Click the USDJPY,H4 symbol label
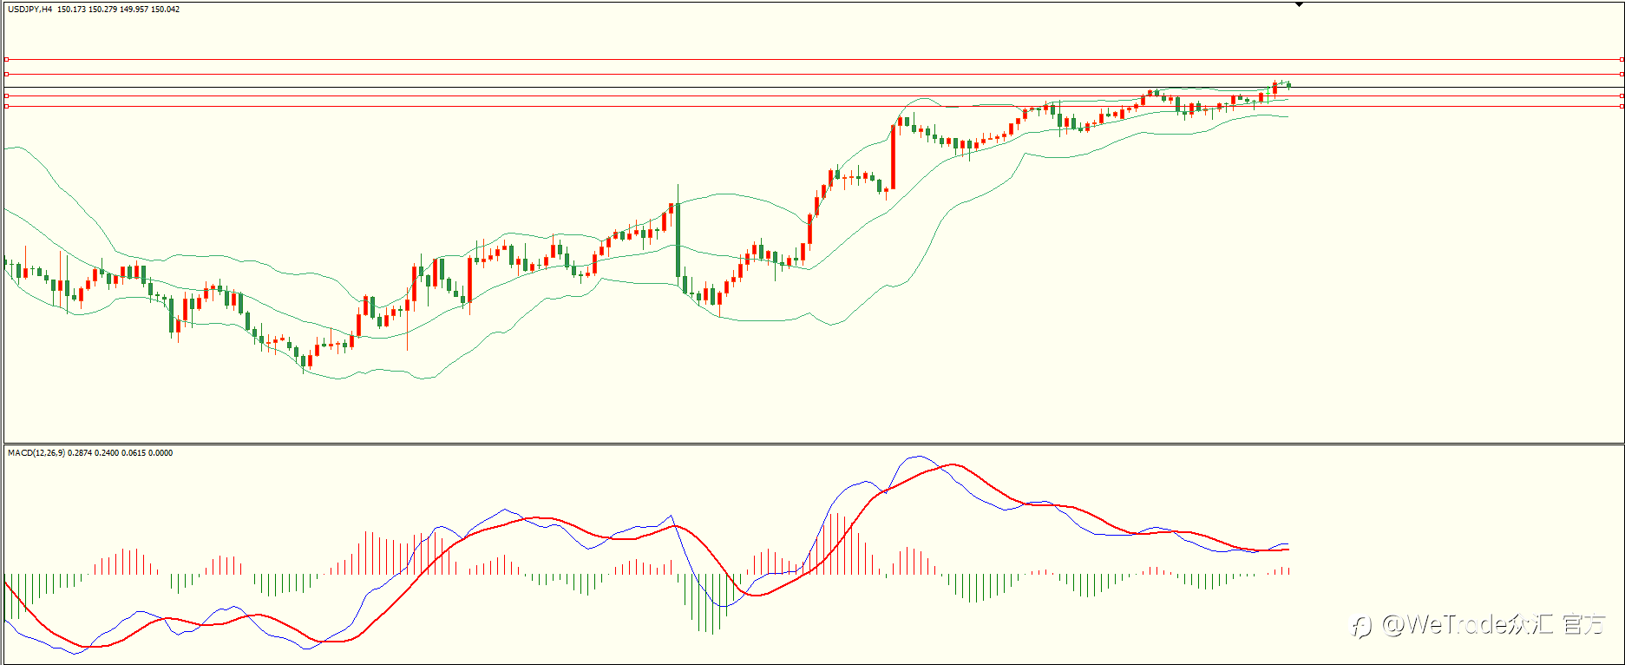tap(30, 10)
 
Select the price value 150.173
tap(72, 10)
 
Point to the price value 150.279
tap(103, 10)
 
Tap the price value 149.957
tap(134, 10)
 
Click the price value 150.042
tap(166, 10)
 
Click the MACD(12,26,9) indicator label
tap(36, 453)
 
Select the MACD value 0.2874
tap(80, 453)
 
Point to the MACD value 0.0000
tap(161, 453)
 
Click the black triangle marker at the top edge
tap(1299, 4)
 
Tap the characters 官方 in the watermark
tap(1584, 623)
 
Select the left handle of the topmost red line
tap(6, 60)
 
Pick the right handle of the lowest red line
tap(1622, 106)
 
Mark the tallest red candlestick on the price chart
tap(893, 157)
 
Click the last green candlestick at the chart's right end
tap(1289, 85)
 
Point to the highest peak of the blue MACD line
tap(918, 457)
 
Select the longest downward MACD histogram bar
tap(712, 604)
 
